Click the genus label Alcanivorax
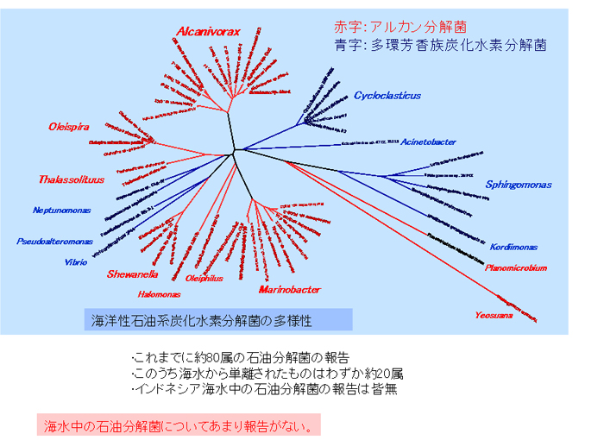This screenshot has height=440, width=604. tap(208, 32)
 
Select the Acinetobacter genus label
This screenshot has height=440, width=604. tap(428, 141)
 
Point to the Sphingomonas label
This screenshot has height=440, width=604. tap(518, 185)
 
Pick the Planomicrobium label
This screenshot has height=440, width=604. tap(515, 268)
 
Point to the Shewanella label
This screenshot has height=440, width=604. tap(132, 274)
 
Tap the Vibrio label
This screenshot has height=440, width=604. tap(76, 262)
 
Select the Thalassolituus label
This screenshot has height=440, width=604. tap(71, 179)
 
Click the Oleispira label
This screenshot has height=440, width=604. tap(69, 127)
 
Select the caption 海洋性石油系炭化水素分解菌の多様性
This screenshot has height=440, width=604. tap(202, 320)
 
